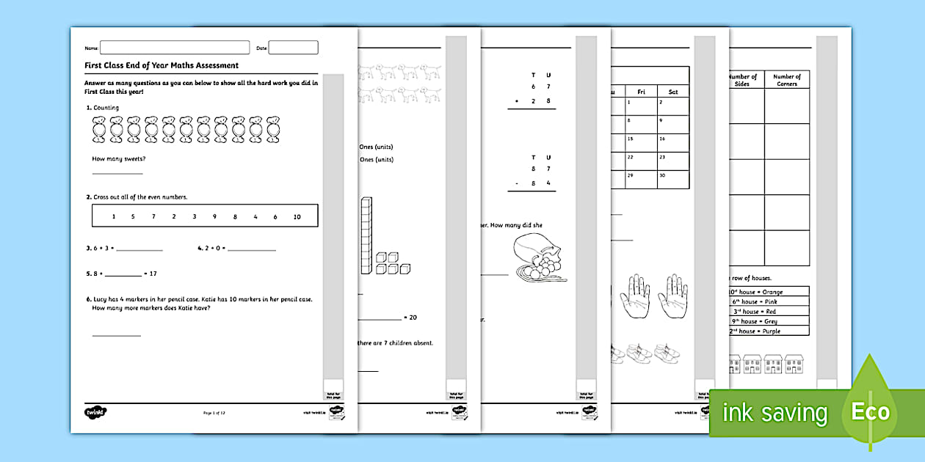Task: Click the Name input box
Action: pos(175,48)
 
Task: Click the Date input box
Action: pos(293,48)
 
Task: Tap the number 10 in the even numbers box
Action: pos(297,216)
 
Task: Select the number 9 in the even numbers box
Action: pos(214,216)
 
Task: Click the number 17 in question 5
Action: pos(153,274)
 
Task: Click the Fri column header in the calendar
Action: pos(641,92)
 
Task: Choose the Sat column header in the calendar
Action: pos(672,92)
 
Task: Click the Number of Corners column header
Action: pos(786,80)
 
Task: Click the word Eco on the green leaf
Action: pos(870,411)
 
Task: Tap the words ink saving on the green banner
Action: pos(775,413)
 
